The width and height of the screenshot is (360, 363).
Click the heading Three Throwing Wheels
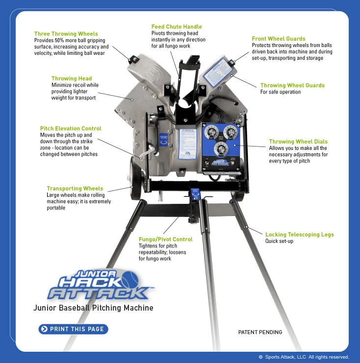(66, 34)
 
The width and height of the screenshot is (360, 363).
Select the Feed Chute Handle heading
(176, 26)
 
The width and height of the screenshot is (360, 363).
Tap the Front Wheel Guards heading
(278, 39)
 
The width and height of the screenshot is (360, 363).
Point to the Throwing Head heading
(72, 78)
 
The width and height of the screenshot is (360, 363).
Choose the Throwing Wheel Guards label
(292, 85)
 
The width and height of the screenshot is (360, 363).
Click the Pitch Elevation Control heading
(71, 128)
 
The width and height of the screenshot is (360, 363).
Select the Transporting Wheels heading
(75, 188)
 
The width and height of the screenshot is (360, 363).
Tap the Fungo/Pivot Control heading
(165, 239)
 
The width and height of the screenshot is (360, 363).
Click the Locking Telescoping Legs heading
(299, 235)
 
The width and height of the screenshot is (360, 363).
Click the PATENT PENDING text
(260, 332)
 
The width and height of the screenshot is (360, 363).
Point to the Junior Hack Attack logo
(98, 285)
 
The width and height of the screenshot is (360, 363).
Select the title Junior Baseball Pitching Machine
(93, 308)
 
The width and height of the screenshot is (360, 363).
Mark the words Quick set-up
(279, 241)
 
